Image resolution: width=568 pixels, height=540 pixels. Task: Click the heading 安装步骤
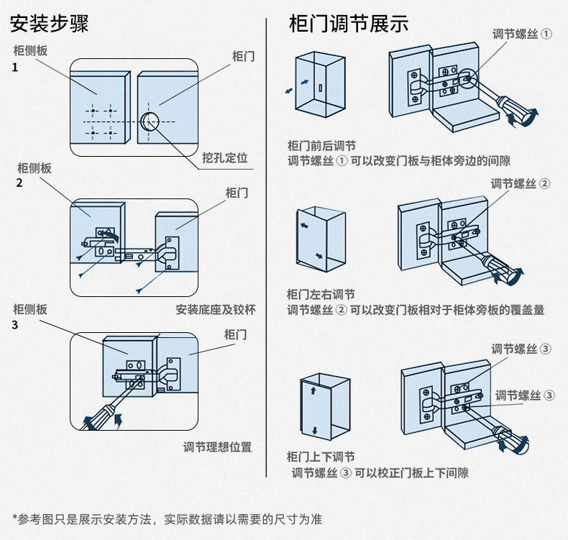[50, 24]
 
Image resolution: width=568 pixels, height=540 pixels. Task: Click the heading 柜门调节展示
[349, 24]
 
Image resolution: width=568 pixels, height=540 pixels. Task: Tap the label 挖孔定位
[224, 157]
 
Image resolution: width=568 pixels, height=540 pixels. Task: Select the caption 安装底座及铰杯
[216, 310]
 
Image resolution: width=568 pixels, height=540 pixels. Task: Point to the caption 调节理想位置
[217, 447]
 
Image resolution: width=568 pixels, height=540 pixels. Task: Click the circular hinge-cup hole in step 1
[150, 122]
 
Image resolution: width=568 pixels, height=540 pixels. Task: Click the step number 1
[15, 68]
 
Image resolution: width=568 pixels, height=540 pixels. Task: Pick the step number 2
[19, 183]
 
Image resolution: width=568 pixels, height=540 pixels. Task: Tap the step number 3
[15, 325]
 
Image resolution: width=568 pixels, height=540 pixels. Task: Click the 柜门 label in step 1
[244, 57]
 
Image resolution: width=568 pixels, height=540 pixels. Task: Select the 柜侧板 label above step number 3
[30, 309]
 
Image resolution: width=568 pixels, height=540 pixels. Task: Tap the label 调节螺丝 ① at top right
[522, 34]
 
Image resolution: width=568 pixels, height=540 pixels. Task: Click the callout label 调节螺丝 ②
[520, 183]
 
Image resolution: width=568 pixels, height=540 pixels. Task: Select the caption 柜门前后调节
[321, 146]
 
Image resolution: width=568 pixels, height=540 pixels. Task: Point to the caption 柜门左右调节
[321, 294]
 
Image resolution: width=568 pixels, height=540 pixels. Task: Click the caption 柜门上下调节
[321, 457]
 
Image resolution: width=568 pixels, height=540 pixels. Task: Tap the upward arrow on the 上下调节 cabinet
[313, 390]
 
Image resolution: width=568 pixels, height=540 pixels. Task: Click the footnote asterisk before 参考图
[15, 516]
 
